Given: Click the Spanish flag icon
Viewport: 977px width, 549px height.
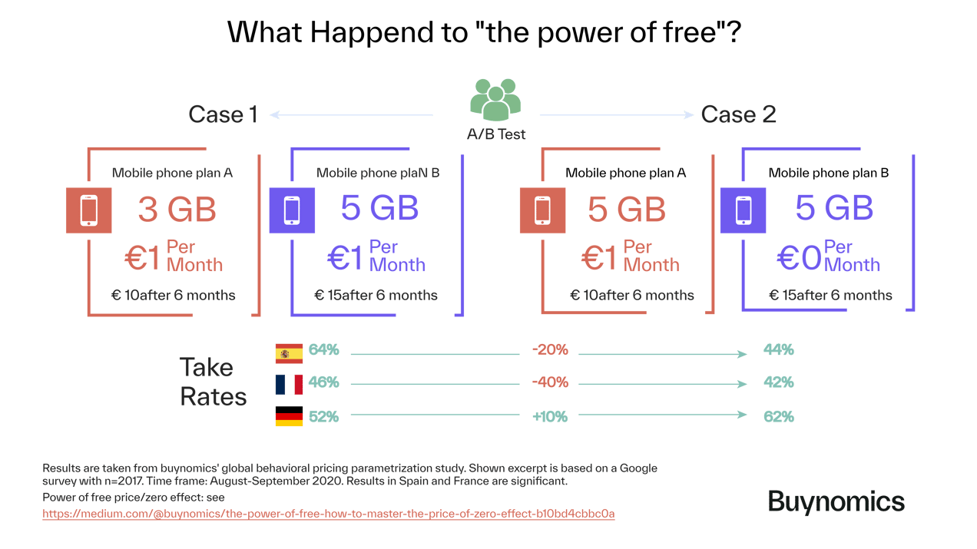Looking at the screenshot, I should (289, 352).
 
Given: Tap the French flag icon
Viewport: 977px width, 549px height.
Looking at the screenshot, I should (289, 384).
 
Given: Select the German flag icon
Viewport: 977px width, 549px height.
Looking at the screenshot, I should (289, 416).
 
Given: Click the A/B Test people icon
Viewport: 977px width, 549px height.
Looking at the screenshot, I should (495, 99).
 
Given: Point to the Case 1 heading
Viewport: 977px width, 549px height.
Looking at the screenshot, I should (223, 115).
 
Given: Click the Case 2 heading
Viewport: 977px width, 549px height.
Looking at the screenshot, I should (738, 115).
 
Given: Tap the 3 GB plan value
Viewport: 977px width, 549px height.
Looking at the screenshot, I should (177, 209).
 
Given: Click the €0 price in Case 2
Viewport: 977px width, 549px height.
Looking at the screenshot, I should (799, 258).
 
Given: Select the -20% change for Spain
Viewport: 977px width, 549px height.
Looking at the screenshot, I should (549, 351).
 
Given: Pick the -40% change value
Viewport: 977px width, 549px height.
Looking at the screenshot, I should (549, 382).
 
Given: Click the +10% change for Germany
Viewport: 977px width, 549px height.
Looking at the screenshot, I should (549, 416).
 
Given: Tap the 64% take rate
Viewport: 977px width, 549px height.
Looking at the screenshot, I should (323, 351).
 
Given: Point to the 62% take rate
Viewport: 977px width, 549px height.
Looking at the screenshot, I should (778, 417).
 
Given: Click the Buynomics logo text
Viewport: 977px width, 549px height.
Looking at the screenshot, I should (836, 501).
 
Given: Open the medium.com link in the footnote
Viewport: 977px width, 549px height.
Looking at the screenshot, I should (328, 514).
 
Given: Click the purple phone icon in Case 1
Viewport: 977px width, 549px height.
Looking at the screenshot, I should (292, 210).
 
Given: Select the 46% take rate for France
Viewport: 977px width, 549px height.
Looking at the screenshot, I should (323, 382).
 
